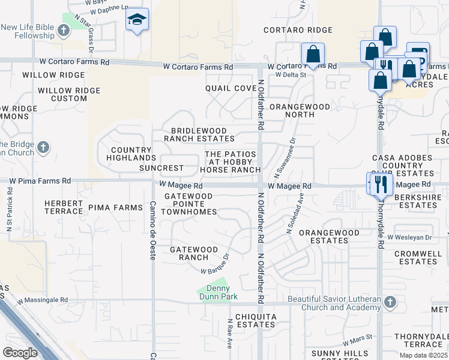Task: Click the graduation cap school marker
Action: (x=137, y=21)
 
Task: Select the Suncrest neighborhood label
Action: (x=161, y=169)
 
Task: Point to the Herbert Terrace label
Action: (x=63, y=207)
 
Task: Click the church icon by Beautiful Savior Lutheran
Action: (x=390, y=301)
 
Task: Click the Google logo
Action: (x=20, y=353)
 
